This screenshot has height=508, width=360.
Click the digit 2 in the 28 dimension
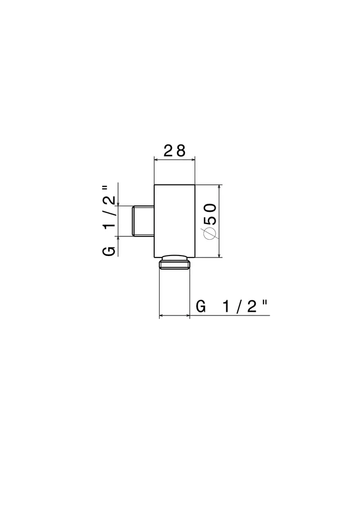point(169,151)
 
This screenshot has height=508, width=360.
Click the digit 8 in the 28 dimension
point(181,151)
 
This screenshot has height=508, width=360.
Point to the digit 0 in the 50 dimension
point(211,208)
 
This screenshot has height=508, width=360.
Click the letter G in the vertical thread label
point(109,251)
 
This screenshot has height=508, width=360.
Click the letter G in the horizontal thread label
point(201,306)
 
